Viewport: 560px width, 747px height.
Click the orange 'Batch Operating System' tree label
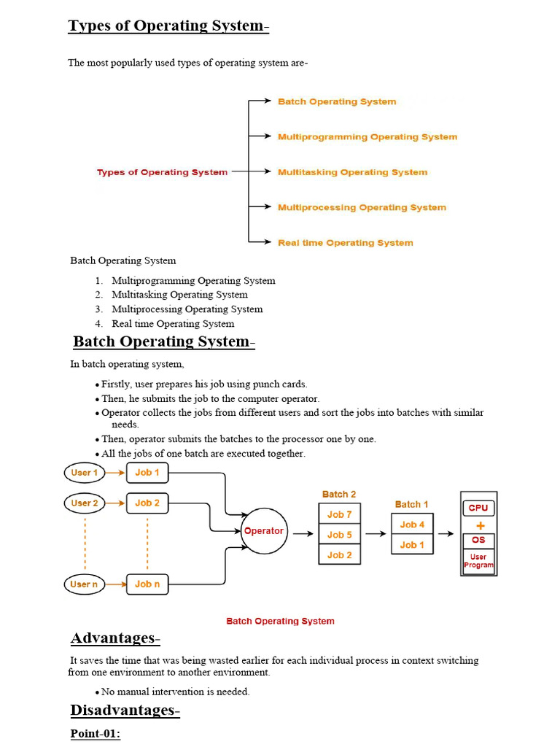click(x=337, y=101)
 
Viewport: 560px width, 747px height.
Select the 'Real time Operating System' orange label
click(x=345, y=242)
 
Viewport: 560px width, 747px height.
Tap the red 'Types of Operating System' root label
click(x=162, y=172)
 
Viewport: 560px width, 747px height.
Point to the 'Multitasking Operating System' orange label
click(x=352, y=172)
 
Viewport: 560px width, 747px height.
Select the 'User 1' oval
click(x=85, y=473)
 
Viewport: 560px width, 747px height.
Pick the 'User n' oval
click(x=85, y=584)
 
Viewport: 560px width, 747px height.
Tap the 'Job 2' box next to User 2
click(x=147, y=503)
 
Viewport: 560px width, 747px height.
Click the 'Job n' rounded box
click(x=147, y=584)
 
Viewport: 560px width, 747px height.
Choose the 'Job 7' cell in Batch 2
click(x=340, y=514)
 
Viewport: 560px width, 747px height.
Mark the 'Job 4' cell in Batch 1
click(x=412, y=524)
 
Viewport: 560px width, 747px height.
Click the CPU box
click(x=478, y=508)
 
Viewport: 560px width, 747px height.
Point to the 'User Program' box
click(x=478, y=561)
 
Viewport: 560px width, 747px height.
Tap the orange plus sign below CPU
click(x=481, y=525)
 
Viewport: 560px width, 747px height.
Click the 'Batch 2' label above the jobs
click(x=339, y=494)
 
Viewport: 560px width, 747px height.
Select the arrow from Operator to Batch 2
click(x=303, y=533)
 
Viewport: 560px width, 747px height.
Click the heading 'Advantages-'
click(x=115, y=638)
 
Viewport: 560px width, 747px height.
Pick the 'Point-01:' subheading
click(x=96, y=734)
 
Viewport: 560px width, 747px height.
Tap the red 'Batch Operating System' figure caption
click(x=280, y=621)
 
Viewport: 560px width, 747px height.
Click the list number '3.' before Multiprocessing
click(x=98, y=309)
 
